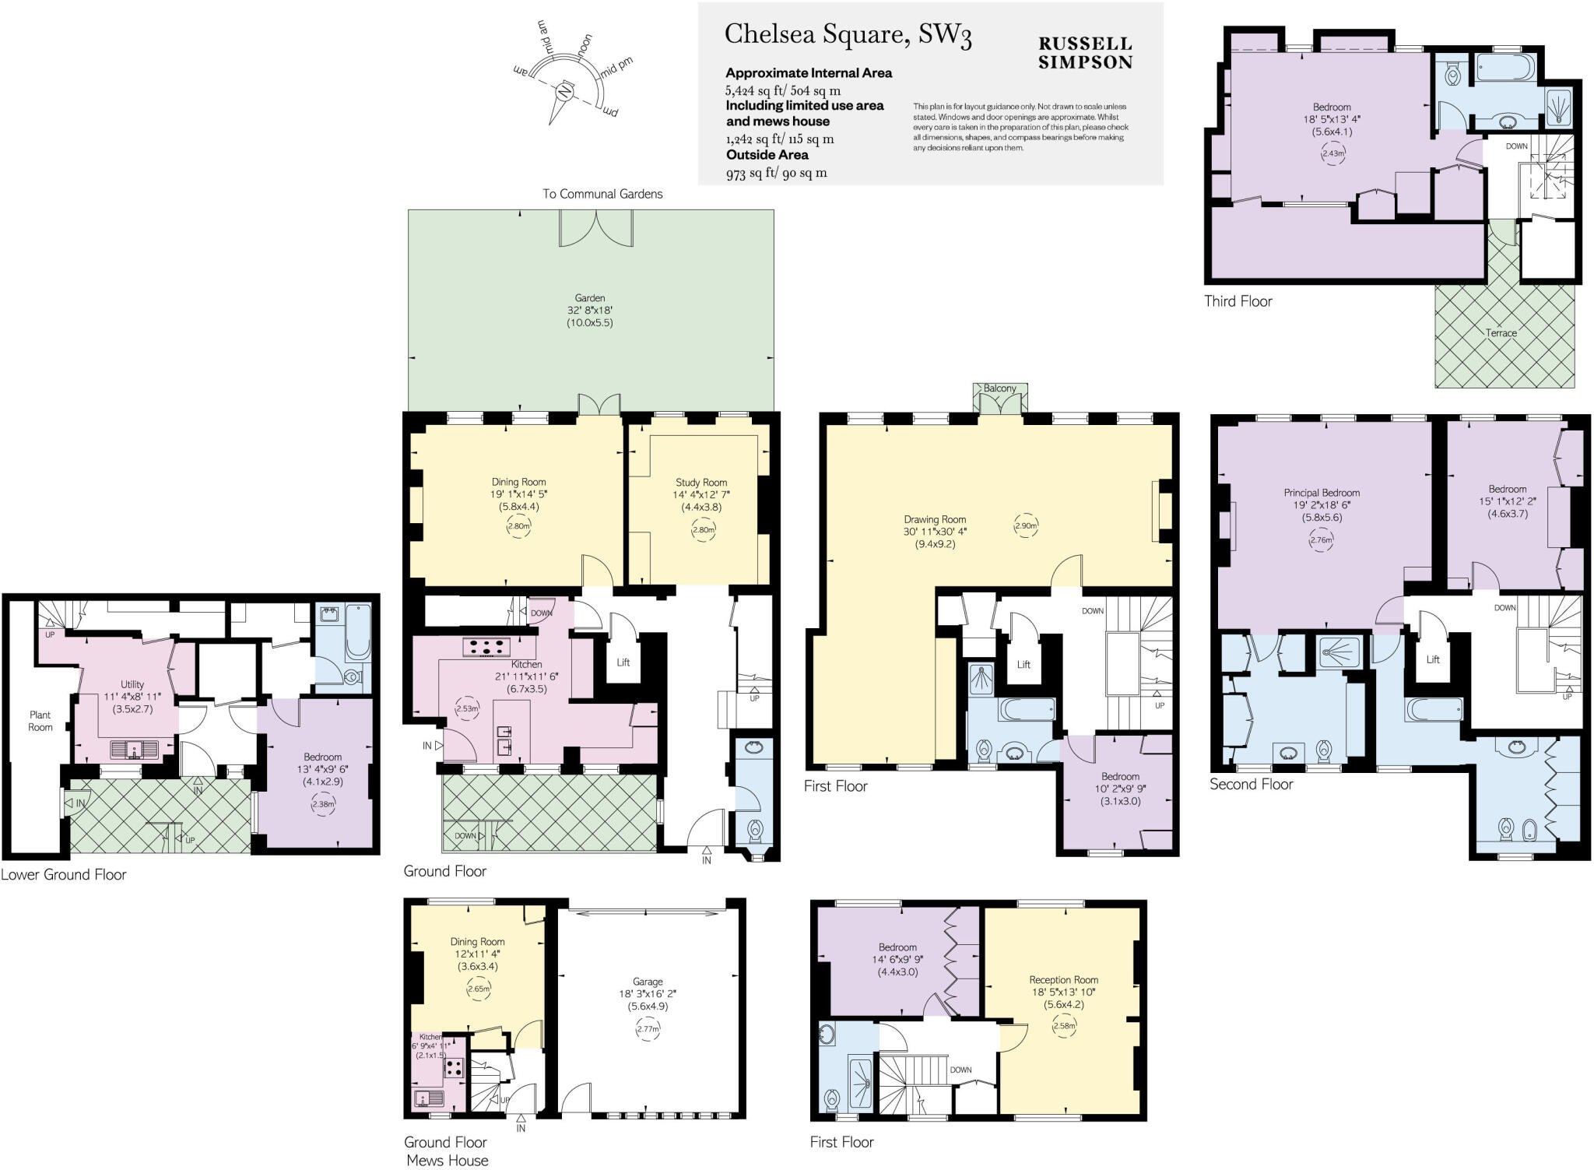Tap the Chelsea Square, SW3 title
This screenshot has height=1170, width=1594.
[848, 35]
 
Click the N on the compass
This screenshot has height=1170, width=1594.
[563, 92]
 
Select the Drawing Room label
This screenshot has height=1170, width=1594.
[934, 519]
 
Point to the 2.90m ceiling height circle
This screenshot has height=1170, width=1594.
[1026, 525]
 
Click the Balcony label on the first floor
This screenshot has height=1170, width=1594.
[999, 388]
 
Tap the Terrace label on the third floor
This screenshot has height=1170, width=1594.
[1501, 332]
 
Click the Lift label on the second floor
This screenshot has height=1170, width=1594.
[1433, 659]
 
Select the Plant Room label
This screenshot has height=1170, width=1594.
[40, 721]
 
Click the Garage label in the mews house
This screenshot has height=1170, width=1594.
[648, 982]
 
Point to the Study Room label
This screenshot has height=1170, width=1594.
[700, 483]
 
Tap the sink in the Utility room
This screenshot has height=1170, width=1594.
[134, 750]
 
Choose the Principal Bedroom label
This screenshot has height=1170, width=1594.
[1322, 492]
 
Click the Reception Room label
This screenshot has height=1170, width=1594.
[1063, 979]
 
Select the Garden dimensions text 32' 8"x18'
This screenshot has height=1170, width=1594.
[590, 310]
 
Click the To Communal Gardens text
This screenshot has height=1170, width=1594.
[602, 194]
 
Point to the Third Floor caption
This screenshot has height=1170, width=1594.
[1238, 300]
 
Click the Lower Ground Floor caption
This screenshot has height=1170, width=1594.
[64, 874]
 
